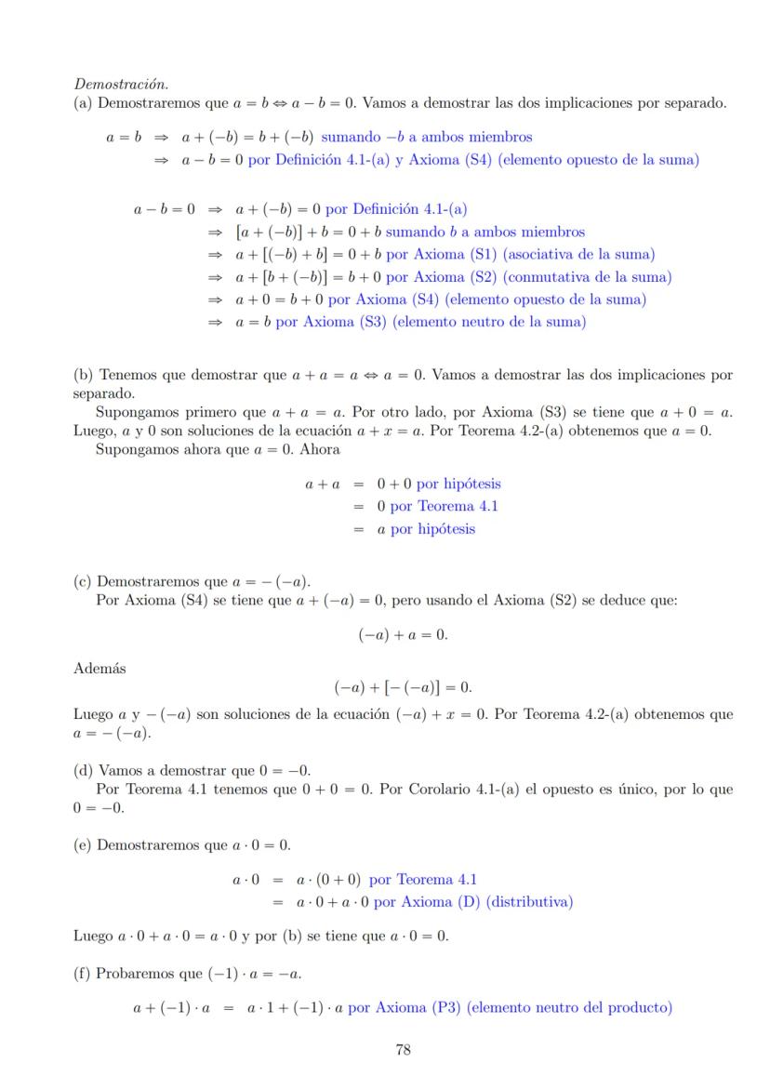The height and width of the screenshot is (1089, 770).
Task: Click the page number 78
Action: point(404,1050)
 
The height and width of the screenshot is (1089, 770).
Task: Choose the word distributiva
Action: point(537,902)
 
